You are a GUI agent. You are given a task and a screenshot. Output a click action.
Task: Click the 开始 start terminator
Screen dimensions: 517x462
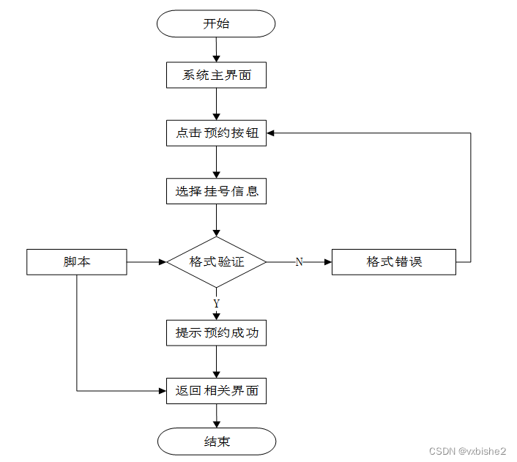216,23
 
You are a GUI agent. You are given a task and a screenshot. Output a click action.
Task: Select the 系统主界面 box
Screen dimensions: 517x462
216,75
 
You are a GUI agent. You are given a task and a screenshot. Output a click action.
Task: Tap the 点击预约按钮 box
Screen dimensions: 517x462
216,133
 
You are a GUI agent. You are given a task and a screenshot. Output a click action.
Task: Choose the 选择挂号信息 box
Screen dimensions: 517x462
216,191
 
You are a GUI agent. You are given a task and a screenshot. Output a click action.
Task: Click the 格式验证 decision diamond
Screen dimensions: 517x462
216,262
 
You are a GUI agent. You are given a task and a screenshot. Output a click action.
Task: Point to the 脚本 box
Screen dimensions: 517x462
77,262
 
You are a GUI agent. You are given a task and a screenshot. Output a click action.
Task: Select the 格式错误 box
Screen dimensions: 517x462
394,262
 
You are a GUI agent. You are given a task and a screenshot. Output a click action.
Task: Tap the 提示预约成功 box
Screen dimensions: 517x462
216,332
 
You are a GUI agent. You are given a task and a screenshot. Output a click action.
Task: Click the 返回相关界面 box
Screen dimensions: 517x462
216,391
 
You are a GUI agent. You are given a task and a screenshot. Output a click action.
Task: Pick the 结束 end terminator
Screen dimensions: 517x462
217,441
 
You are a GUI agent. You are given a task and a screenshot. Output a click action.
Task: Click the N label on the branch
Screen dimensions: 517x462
299,262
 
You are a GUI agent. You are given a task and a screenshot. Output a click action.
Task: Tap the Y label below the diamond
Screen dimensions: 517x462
216,303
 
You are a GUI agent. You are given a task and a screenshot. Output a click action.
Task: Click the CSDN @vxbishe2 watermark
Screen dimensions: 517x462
467,451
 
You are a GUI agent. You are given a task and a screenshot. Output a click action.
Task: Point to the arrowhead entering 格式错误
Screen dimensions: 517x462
328,262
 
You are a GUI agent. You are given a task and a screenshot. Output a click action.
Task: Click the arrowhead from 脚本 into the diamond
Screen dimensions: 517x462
163,262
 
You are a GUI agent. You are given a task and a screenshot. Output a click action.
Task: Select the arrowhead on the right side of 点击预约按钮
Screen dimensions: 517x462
270,133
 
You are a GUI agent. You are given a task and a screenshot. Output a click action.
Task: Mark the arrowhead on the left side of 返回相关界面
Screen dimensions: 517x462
163,391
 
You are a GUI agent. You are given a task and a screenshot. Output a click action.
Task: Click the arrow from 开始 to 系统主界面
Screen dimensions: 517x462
216,50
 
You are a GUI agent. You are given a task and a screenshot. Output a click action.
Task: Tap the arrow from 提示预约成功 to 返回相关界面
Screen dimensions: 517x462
216,362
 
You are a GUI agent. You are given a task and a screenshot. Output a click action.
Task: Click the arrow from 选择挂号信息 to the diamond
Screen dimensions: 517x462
216,220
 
